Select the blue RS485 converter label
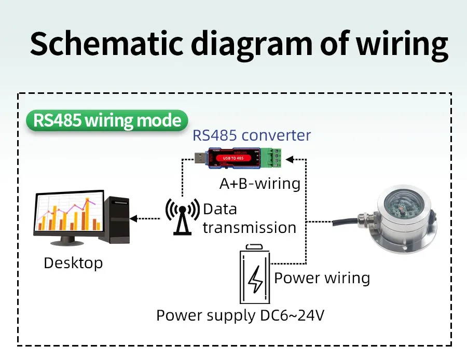pos(252,136)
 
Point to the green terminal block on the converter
pos(274,158)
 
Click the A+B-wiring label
pos(260,183)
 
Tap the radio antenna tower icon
pos(182,215)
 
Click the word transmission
pos(249,227)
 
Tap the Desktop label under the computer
pos(73,262)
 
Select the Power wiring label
pos(322,278)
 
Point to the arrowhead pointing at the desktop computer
pos(133,218)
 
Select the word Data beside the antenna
pos(220,209)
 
